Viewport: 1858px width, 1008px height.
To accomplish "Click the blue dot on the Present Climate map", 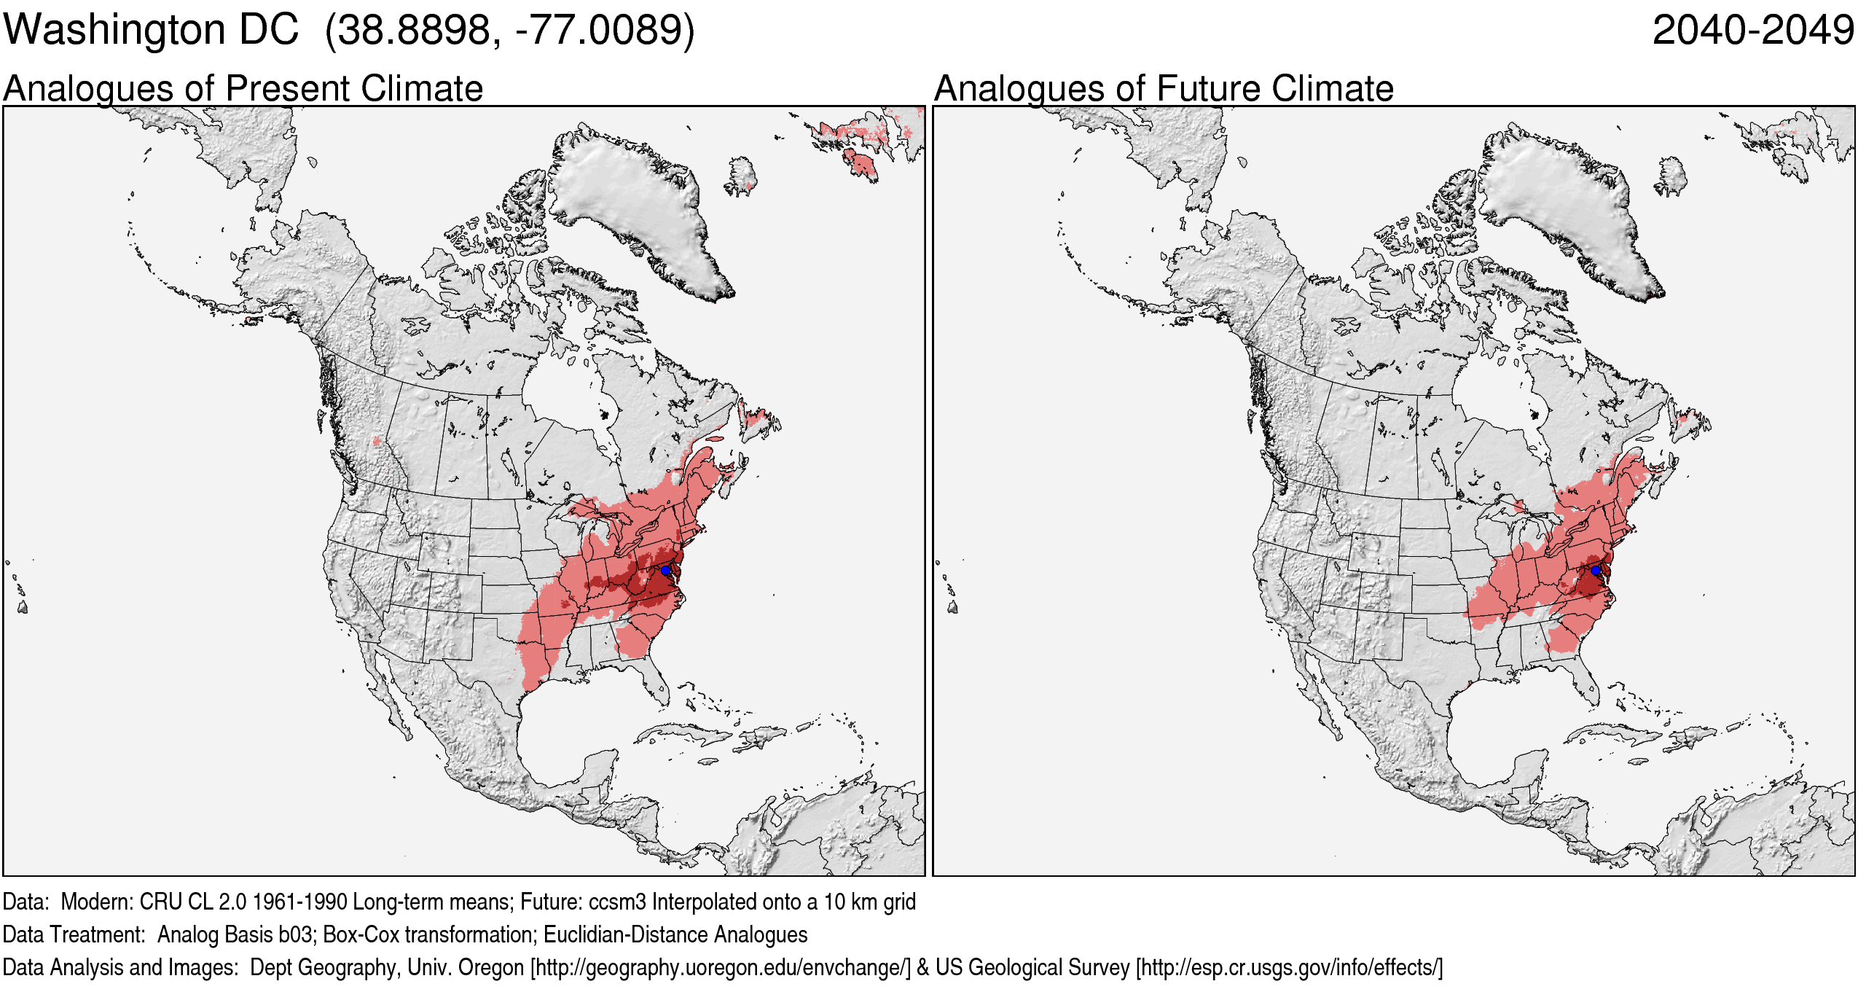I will point(665,571).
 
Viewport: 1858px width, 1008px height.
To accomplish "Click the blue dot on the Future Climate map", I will point(1596,571).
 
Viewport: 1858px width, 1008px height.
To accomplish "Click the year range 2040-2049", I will point(1752,31).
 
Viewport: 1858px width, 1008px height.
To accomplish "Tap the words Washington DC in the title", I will point(151,31).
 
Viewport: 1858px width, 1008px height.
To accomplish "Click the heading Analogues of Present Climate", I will point(243,89).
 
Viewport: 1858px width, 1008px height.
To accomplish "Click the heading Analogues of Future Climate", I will point(1164,89).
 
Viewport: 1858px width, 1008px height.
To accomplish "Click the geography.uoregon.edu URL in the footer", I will point(721,968).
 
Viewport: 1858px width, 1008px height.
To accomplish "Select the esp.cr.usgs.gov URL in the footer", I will point(1288,968).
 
